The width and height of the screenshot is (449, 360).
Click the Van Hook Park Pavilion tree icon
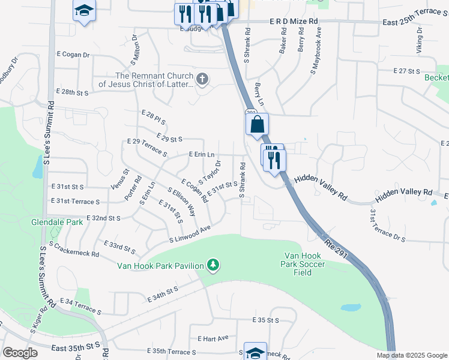[212, 265]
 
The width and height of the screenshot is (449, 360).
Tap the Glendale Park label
[57, 222]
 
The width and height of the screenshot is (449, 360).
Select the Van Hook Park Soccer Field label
[304, 265]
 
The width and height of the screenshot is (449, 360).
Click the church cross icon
[202, 78]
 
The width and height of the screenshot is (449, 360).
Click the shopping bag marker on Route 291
[257, 125]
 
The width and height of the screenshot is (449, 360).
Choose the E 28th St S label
[71, 92]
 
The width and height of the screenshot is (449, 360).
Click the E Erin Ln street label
[201, 154]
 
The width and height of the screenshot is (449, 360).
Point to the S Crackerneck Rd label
[74, 250]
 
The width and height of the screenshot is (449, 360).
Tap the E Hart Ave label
[212, 338]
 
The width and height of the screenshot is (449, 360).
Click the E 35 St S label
[267, 320]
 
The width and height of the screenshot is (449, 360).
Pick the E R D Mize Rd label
[294, 21]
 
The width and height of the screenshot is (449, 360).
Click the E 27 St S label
[406, 71]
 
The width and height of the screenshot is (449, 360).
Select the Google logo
[20, 353]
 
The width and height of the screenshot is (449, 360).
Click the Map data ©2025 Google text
[411, 355]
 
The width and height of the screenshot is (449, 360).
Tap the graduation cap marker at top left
[85, 11]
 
